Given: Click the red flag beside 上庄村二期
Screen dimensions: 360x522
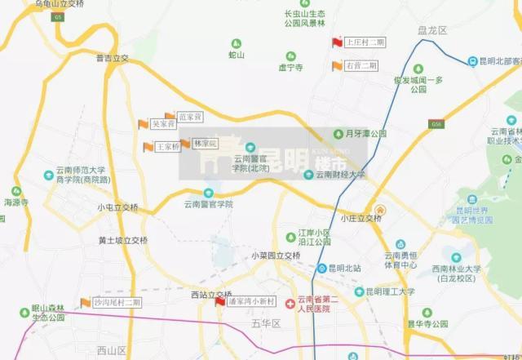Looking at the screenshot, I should (337, 42).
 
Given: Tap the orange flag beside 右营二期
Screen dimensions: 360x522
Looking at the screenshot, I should (337, 66).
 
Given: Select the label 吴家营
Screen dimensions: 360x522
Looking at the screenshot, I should (164, 125).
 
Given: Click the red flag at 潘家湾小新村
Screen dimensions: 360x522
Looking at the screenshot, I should (219, 302).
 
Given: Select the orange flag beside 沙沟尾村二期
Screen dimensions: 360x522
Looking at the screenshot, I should (85, 303).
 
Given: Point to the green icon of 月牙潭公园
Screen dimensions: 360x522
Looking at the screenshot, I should (338, 133).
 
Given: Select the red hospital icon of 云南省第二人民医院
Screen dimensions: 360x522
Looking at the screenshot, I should (290, 303).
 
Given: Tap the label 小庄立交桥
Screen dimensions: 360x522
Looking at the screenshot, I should (361, 219).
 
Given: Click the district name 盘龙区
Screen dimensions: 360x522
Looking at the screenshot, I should (432, 30).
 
